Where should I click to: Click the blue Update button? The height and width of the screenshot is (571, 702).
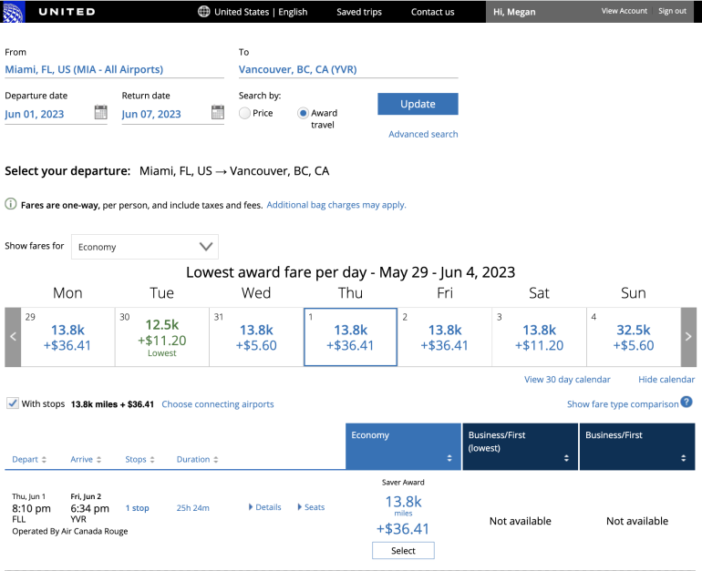418,104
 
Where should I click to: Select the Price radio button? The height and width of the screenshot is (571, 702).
244,113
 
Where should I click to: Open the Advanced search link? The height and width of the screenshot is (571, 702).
423,134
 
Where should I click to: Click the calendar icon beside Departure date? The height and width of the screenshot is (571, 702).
100,113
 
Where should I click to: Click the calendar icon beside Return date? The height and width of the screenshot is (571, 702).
217,113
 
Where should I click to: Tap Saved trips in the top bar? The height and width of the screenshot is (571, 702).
359,12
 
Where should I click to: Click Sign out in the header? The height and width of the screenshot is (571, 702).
672,11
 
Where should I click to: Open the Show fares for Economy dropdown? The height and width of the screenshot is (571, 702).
144,246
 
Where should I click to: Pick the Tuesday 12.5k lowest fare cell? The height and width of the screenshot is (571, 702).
161,337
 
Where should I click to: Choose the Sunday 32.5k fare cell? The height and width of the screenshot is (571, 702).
633,337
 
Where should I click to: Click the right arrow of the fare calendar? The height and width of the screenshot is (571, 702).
688,337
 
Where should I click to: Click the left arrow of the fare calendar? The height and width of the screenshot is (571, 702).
13,337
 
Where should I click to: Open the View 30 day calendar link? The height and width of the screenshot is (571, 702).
567,379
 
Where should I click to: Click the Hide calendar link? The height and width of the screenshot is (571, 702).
666,379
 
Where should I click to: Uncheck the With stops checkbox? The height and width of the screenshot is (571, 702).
13,403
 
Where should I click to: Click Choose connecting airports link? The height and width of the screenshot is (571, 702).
217,404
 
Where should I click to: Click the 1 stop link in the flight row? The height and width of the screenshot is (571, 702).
138,508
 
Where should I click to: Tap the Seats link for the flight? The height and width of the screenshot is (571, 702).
312,507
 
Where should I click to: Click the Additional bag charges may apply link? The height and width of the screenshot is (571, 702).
336,205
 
